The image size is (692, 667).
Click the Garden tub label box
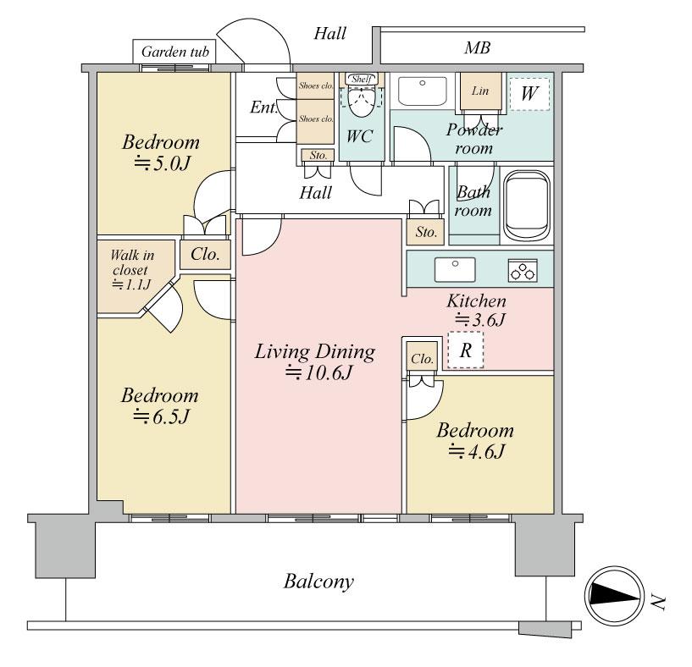pyautogui.click(x=174, y=52)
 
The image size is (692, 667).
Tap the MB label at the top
pyautogui.click(x=477, y=47)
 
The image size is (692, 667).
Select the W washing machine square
pyautogui.click(x=529, y=93)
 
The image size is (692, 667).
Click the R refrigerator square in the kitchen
pyautogui.click(x=466, y=350)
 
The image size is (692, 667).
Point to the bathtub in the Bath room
pyautogui.click(x=528, y=206)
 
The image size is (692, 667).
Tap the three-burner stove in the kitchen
pyautogui.click(x=523, y=270)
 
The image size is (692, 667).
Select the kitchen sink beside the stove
pyautogui.click(x=455, y=270)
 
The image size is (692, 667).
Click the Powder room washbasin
pyautogui.click(x=423, y=91)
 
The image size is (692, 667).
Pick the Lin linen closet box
pyautogui.click(x=481, y=91)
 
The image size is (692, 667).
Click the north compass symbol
pyautogui.click(x=614, y=597)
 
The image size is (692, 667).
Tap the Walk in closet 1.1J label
pyautogui.click(x=131, y=269)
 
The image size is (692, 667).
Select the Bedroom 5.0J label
pyautogui.click(x=161, y=152)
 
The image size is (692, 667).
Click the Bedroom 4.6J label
pyautogui.click(x=475, y=441)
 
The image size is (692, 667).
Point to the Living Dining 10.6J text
pyautogui.click(x=315, y=361)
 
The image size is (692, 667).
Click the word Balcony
pyautogui.click(x=318, y=581)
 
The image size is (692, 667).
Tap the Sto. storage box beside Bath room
pyautogui.click(x=426, y=232)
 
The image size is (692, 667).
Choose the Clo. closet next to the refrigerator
pyautogui.click(x=423, y=359)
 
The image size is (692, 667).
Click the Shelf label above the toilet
pyautogui.click(x=362, y=79)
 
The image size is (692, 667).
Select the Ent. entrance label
pyautogui.click(x=264, y=107)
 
